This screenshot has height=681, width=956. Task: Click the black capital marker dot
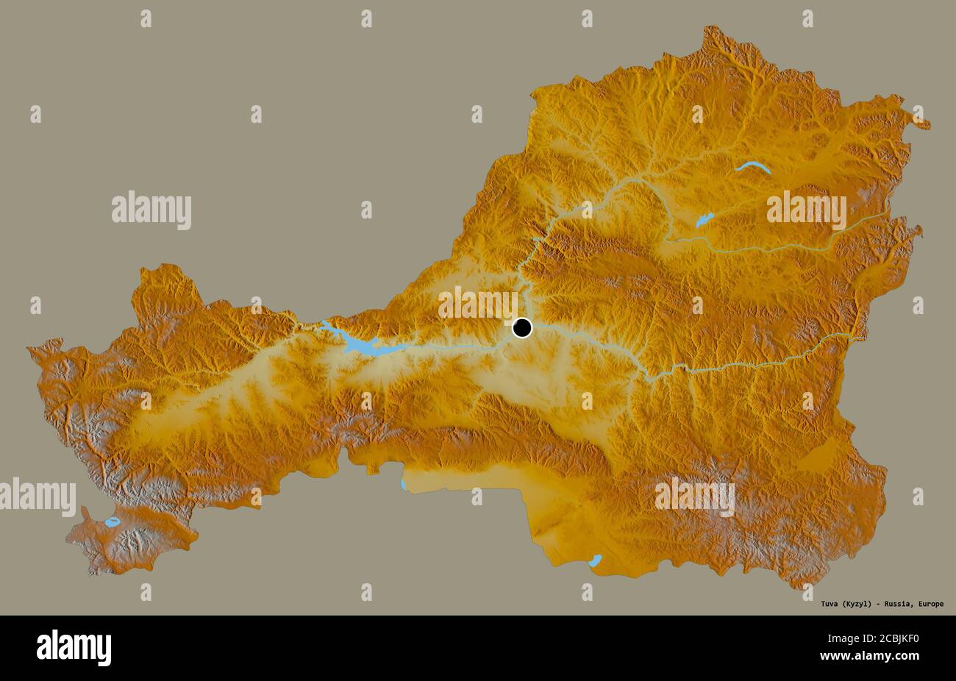[x=521, y=327]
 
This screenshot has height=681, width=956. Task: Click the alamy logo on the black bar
[x=74, y=647]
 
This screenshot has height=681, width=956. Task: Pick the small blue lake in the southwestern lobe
[x=113, y=521]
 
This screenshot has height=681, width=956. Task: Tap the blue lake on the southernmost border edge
[x=596, y=560]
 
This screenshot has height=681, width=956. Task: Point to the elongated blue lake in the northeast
[x=753, y=168]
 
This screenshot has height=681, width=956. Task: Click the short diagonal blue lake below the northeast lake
[x=704, y=220]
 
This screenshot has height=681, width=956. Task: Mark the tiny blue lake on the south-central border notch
[x=403, y=485]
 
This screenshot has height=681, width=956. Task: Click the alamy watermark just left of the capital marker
[x=477, y=303]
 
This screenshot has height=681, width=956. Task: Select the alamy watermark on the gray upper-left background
[x=151, y=210]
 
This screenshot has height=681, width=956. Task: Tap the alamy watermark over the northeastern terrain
[x=806, y=210]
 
